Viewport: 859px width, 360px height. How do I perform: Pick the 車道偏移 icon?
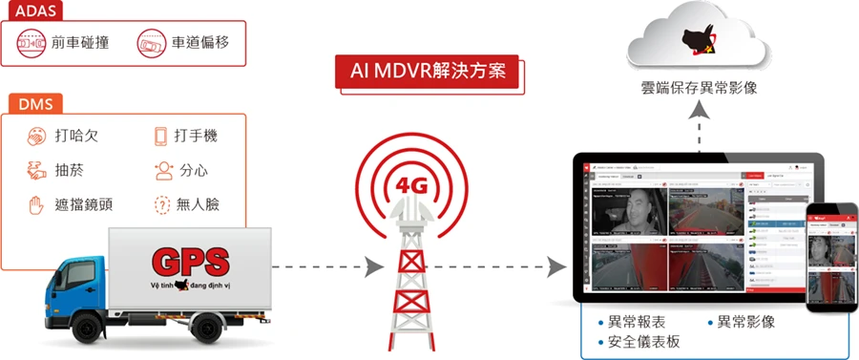[x=152, y=43]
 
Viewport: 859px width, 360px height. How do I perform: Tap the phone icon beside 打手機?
[x=160, y=137]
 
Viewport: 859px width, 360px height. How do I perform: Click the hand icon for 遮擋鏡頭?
[x=36, y=205]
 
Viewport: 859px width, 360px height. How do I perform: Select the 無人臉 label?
[x=197, y=205]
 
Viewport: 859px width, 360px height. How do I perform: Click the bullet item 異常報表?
[x=639, y=322]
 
